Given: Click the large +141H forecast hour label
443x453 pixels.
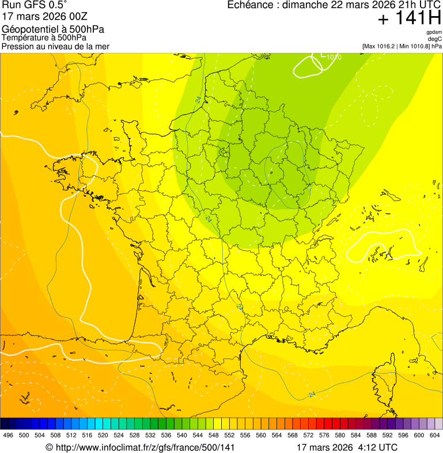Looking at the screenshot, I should coord(409,18).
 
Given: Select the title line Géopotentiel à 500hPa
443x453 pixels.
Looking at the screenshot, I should coord(53,29).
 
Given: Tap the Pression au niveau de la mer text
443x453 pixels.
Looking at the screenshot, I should coord(55,46).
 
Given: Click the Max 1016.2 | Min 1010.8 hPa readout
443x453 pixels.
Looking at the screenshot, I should coord(402,46).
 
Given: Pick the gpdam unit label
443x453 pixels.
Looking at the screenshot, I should coord(434,32).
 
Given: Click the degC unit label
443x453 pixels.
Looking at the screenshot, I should coord(435,39).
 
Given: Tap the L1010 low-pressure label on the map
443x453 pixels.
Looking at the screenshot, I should coord(330,56).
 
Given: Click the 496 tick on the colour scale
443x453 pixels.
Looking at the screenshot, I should coord(8,435).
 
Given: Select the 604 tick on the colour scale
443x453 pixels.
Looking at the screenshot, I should coord(434,435).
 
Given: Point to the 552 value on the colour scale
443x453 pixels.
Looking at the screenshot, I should coord(229,435).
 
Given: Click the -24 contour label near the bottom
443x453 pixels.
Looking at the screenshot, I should coord(312,395).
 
